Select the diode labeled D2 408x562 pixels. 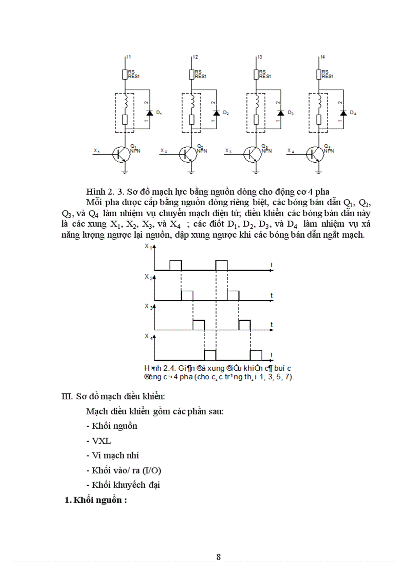coord(216,113)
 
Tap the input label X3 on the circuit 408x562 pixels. coord(228,151)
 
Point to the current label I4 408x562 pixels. coord(322,58)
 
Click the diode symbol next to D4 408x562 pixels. coord(342,113)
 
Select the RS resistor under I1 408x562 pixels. coord(125,75)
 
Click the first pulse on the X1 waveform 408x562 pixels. coord(175,265)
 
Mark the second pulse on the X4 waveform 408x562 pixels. coord(255,355)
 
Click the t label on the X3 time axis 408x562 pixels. coord(271,324)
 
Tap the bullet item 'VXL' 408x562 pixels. coord(101,441)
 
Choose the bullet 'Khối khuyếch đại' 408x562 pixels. coord(123,485)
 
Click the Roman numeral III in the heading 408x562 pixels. coord(67,396)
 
